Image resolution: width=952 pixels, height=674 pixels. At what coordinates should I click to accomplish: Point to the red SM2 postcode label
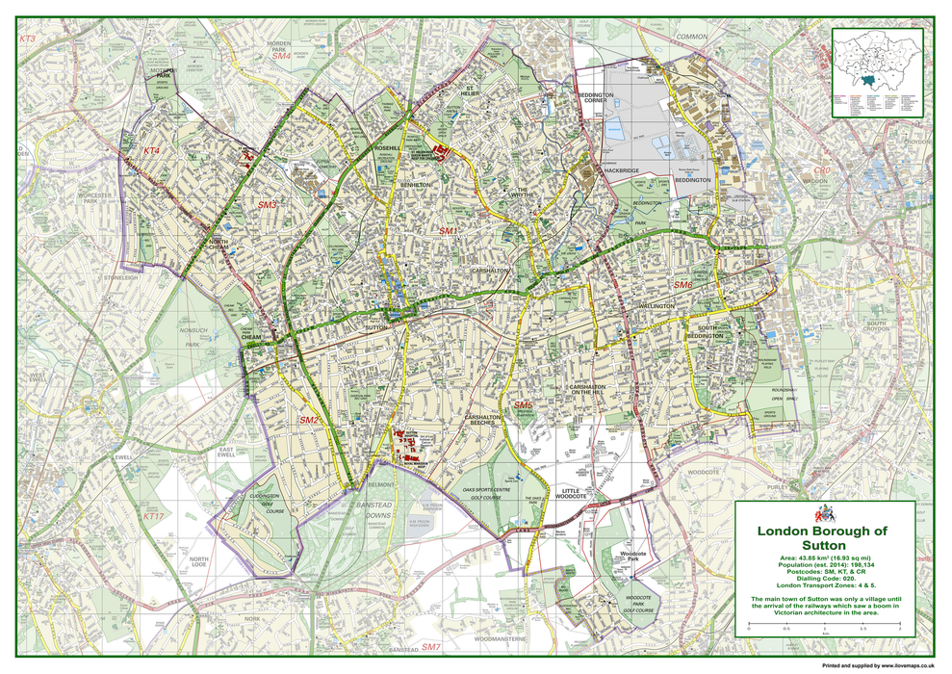tap(309, 421)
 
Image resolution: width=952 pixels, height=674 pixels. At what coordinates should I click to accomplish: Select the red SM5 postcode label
tap(523, 405)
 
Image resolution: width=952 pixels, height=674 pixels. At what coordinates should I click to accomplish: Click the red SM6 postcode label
tap(682, 285)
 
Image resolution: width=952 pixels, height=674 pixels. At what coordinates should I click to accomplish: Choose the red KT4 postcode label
tap(151, 151)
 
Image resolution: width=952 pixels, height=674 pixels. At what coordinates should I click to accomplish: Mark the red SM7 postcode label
tap(430, 647)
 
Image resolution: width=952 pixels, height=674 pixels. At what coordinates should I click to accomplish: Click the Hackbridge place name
tap(619, 170)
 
